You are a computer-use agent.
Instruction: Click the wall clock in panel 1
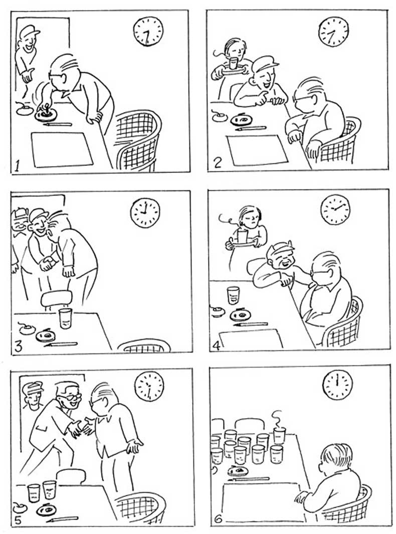[x=148, y=31]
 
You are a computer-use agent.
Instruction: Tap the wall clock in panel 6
[x=337, y=385]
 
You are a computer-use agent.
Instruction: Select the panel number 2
[x=217, y=163]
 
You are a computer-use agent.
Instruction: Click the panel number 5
[x=18, y=520]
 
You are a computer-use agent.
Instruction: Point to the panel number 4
[x=217, y=345]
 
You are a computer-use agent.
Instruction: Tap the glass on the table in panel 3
[x=65, y=318]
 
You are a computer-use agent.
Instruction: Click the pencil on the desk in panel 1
[x=58, y=124]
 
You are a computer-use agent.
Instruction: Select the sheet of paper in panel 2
[x=258, y=149]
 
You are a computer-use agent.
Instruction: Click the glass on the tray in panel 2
[x=233, y=63]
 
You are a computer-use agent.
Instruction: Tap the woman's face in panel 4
[x=251, y=218]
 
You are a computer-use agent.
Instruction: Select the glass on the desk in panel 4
[x=233, y=295]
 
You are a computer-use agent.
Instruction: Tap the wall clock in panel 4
[x=335, y=209]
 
